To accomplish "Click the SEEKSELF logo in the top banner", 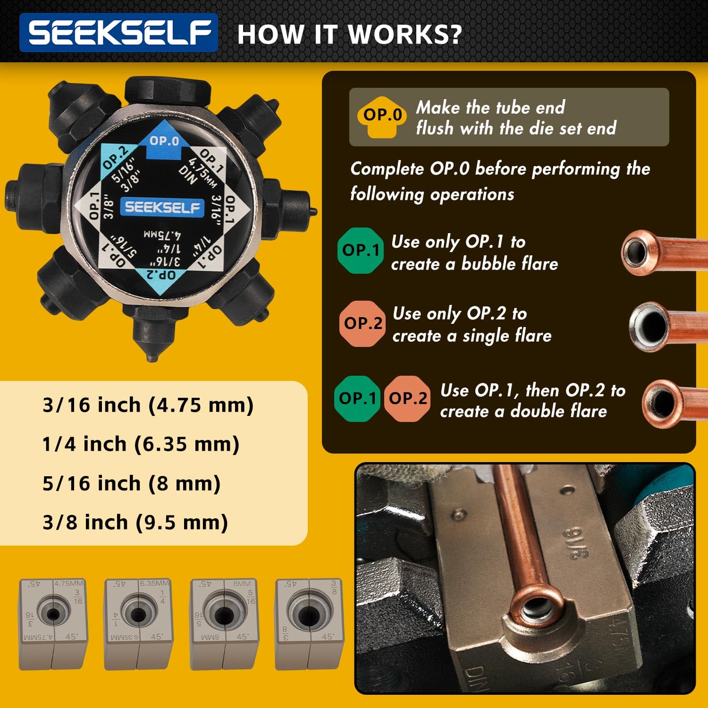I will pyautogui.click(x=118, y=33).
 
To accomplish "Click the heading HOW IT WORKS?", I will pyautogui.click(x=349, y=34).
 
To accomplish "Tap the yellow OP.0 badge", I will pyautogui.click(x=382, y=116).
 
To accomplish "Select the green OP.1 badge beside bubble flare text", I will pyautogui.click(x=360, y=250).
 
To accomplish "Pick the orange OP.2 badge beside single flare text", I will pyautogui.click(x=362, y=323).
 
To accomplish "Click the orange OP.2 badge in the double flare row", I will pyautogui.click(x=407, y=398).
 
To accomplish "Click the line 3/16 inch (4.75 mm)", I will pyautogui.click(x=148, y=405).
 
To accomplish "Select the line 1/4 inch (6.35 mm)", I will pyautogui.click(x=141, y=444).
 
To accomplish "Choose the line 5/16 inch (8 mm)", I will pyautogui.click(x=131, y=483).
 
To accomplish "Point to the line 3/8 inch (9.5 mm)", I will pyautogui.click(x=135, y=523).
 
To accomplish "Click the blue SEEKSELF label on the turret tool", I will pyautogui.click(x=162, y=207).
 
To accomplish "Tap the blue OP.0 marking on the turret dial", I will pyautogui.click(x=164, y=141).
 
